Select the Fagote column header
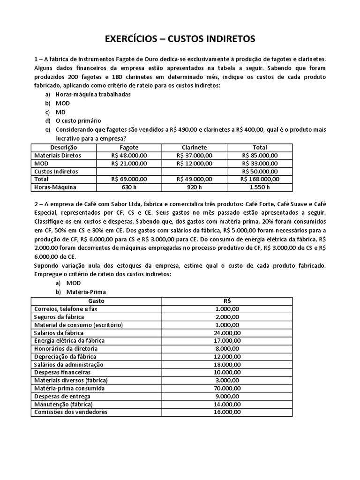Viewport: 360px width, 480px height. pyautogui.click(x=129, y=147)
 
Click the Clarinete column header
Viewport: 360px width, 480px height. pyautogui.click(x=194, y=147)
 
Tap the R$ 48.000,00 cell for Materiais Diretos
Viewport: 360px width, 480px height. pyautogui.click(x=129, y=155)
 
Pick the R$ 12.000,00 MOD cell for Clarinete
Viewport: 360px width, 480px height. pyautogui.click(x=194, y=163)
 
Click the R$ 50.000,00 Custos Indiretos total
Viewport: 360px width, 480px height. pyautogui.click(x=260, y=172)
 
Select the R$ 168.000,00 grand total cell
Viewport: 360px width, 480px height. pyautogui.click(x=260, y=179)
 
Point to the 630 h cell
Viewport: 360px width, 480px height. pyautogui.click(x=129, y=187)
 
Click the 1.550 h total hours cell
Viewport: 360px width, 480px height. pyautogui.click(x=260, y=187)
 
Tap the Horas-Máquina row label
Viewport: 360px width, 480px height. pyautogui.click(x=55, y=187)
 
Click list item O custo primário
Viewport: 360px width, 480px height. pyautogui.click(x=78, y=120)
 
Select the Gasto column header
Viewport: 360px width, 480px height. pyautogui.click(x=97, y=300)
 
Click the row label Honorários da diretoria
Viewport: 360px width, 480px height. pyautogui.click(x=66, y=348)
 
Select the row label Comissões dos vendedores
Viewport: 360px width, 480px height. pyautogui.click(x=71, y=412)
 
